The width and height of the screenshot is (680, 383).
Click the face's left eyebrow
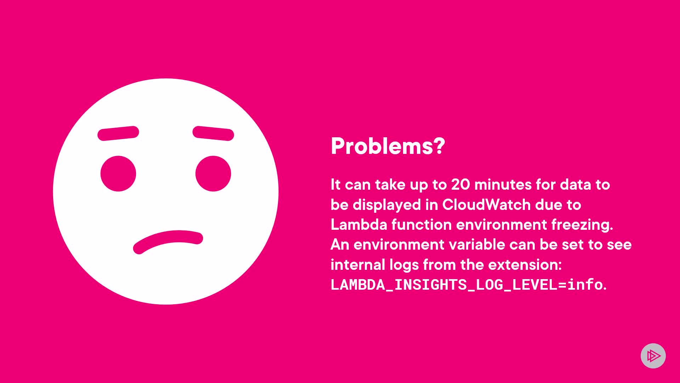pos(118,133)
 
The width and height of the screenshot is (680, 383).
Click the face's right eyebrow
pos(213,133)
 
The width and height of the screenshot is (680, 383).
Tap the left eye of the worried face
pos(118,173)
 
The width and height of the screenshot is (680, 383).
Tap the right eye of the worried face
pos(213,173)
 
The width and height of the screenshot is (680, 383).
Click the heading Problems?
pos(388,146)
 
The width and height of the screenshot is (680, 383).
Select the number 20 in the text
pos(460,184)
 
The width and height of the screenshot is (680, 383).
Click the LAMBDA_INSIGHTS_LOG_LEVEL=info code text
pos(469,285)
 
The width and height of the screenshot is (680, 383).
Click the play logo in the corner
pos(653,356)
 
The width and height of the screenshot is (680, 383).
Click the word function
pos(421,224)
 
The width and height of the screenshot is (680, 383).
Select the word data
pos(575,184)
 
